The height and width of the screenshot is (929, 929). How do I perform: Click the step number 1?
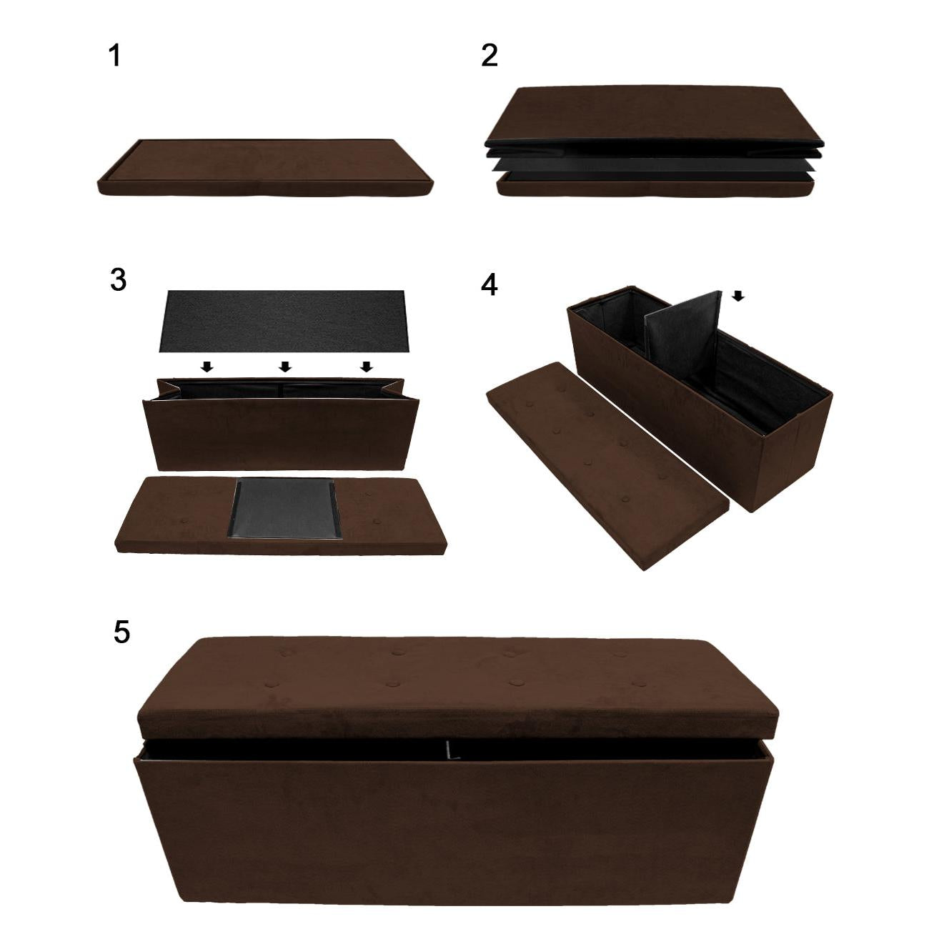115,56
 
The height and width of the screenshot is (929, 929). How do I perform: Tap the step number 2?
490,56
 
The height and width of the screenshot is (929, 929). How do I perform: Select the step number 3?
118,280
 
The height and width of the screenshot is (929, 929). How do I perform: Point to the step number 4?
490,284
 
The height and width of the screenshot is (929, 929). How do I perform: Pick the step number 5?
121,632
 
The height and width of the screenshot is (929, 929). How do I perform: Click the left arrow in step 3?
207,367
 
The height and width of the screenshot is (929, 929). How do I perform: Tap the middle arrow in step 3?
285,367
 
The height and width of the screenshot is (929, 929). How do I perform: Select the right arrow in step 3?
367,367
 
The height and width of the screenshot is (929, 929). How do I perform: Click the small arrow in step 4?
738,296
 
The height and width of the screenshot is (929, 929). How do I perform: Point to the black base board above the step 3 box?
284,321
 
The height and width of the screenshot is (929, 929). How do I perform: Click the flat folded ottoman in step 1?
266,168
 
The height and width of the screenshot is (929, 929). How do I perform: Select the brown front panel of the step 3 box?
282,433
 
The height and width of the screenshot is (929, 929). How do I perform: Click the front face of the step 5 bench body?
453,839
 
